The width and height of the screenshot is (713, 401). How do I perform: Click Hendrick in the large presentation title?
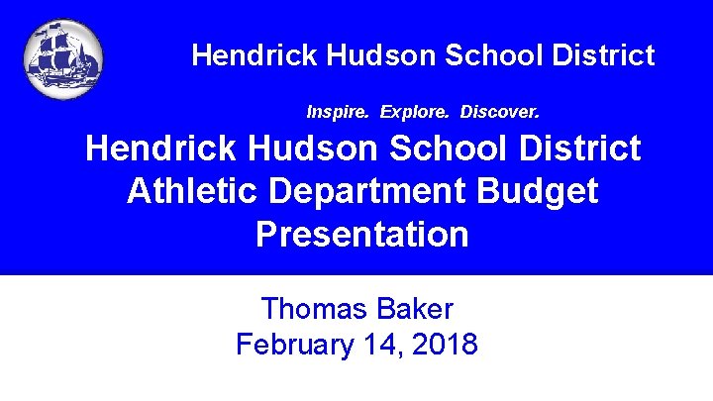161,149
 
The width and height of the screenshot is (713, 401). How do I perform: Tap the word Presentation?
362,235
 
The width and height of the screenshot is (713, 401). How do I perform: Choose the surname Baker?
415,309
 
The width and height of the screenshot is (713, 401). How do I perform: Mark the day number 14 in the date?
382,345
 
